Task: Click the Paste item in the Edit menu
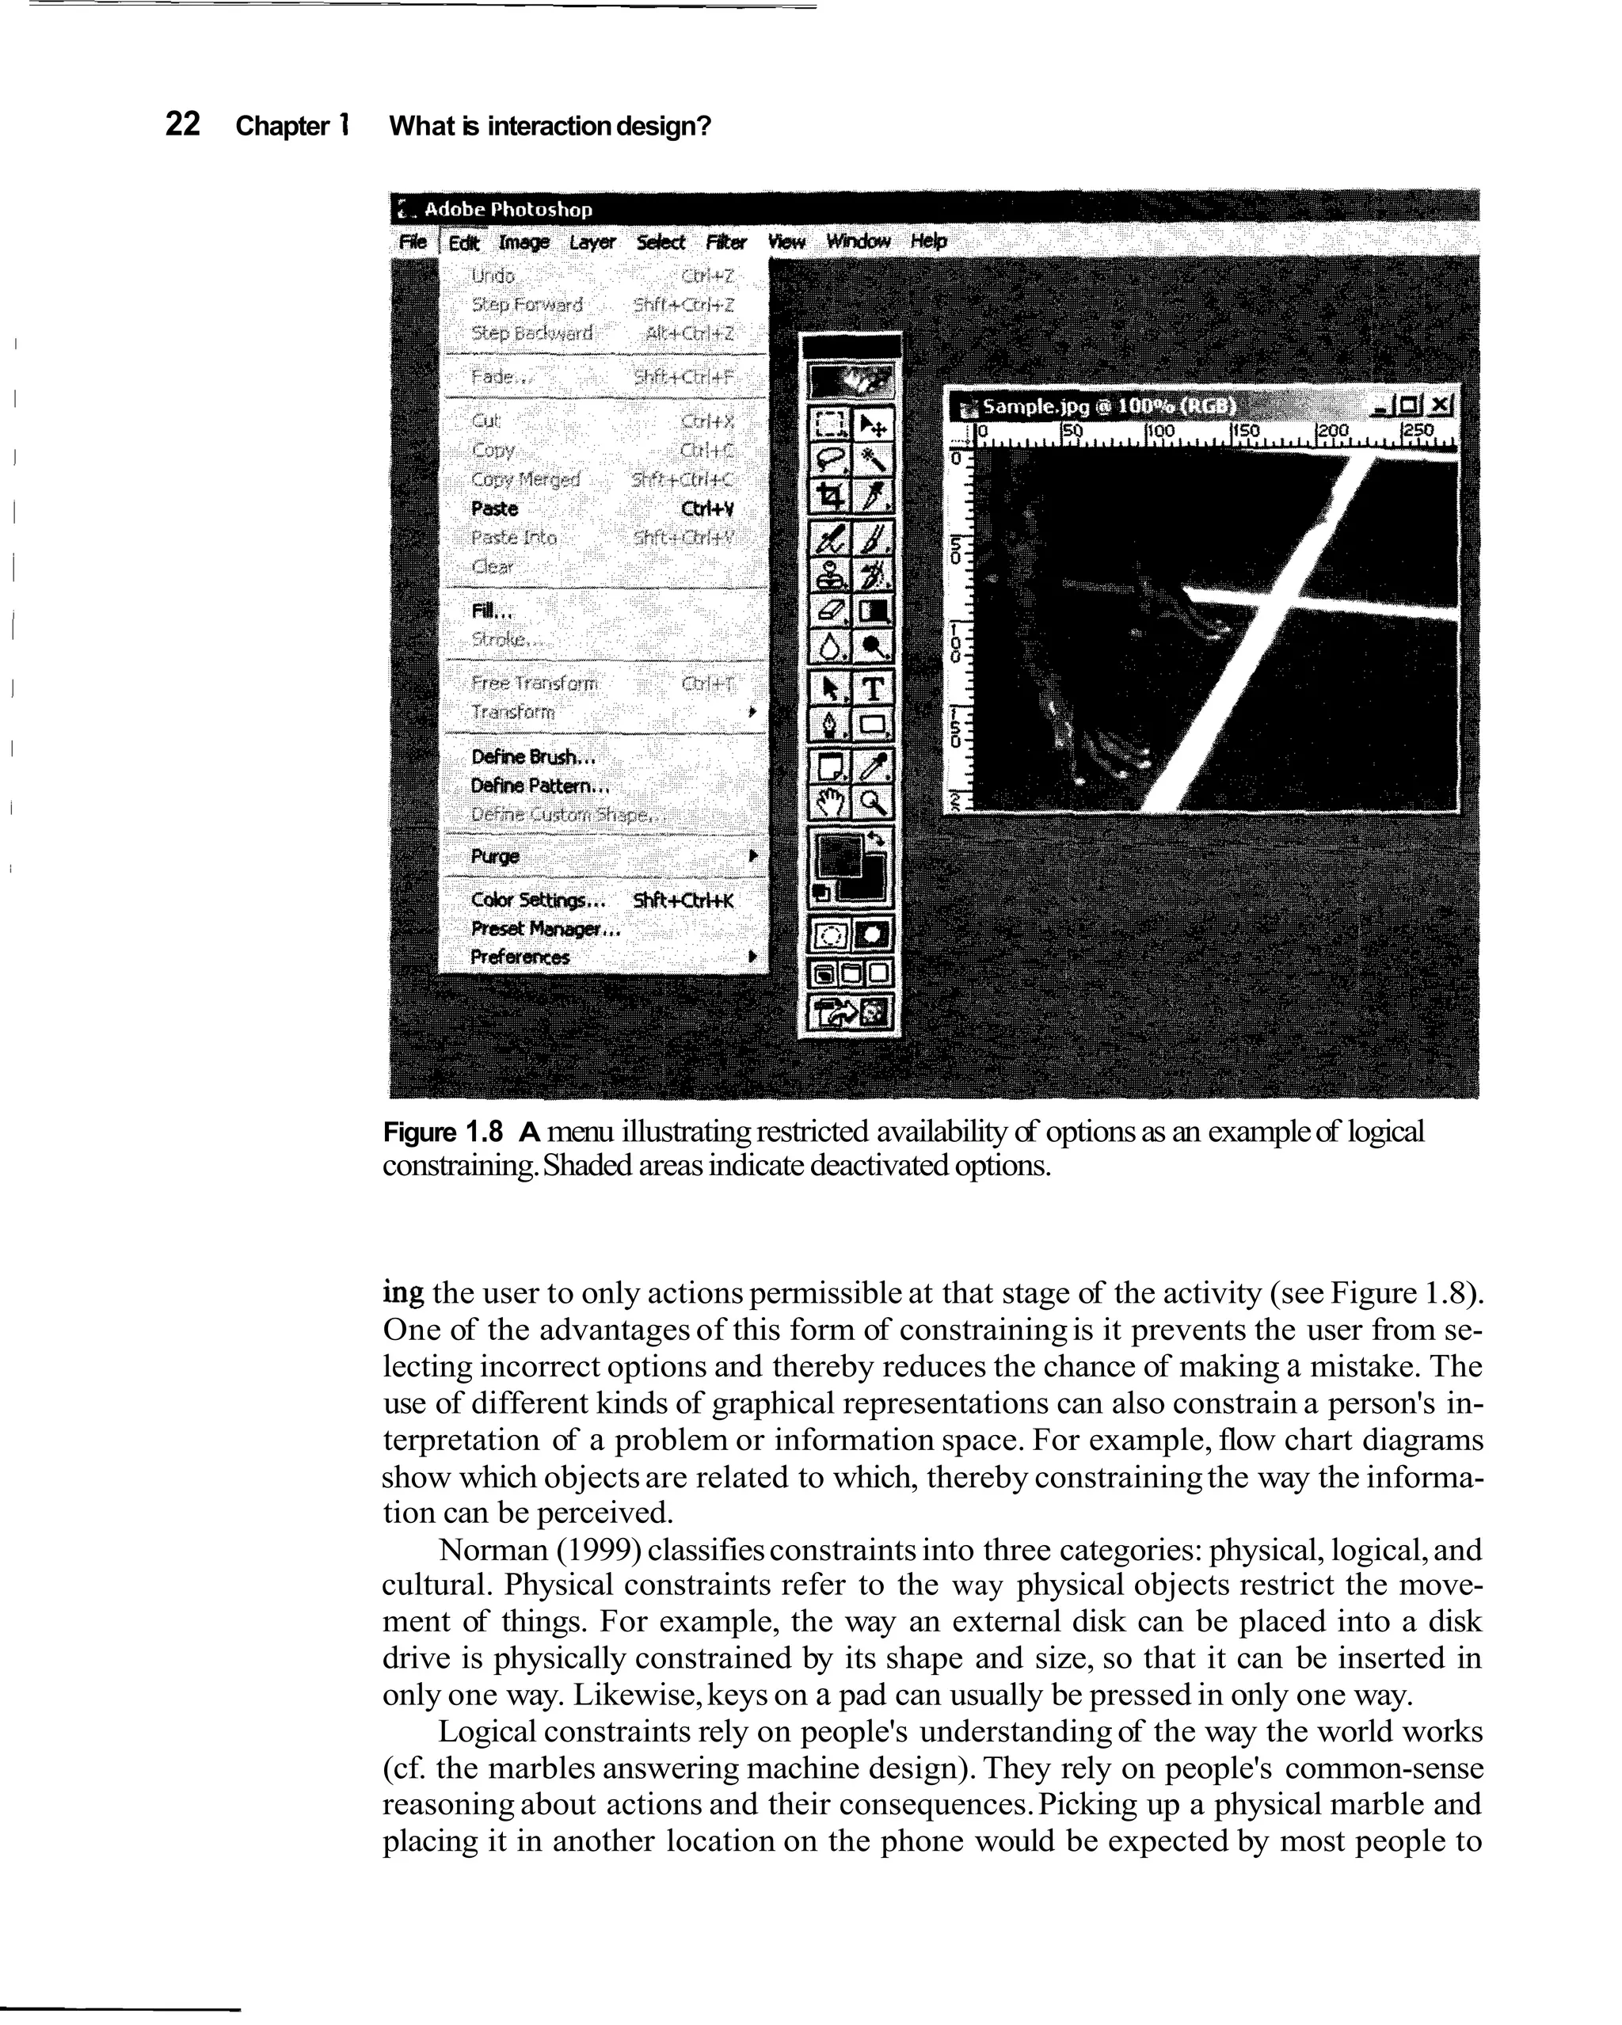(495, 508)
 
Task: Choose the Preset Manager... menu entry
(546, 929)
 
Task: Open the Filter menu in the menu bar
(726, 242)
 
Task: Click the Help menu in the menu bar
(928, 242)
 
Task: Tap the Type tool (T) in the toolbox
(874, 688)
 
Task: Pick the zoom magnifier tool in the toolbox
(874, 802)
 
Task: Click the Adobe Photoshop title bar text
(508, 208)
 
